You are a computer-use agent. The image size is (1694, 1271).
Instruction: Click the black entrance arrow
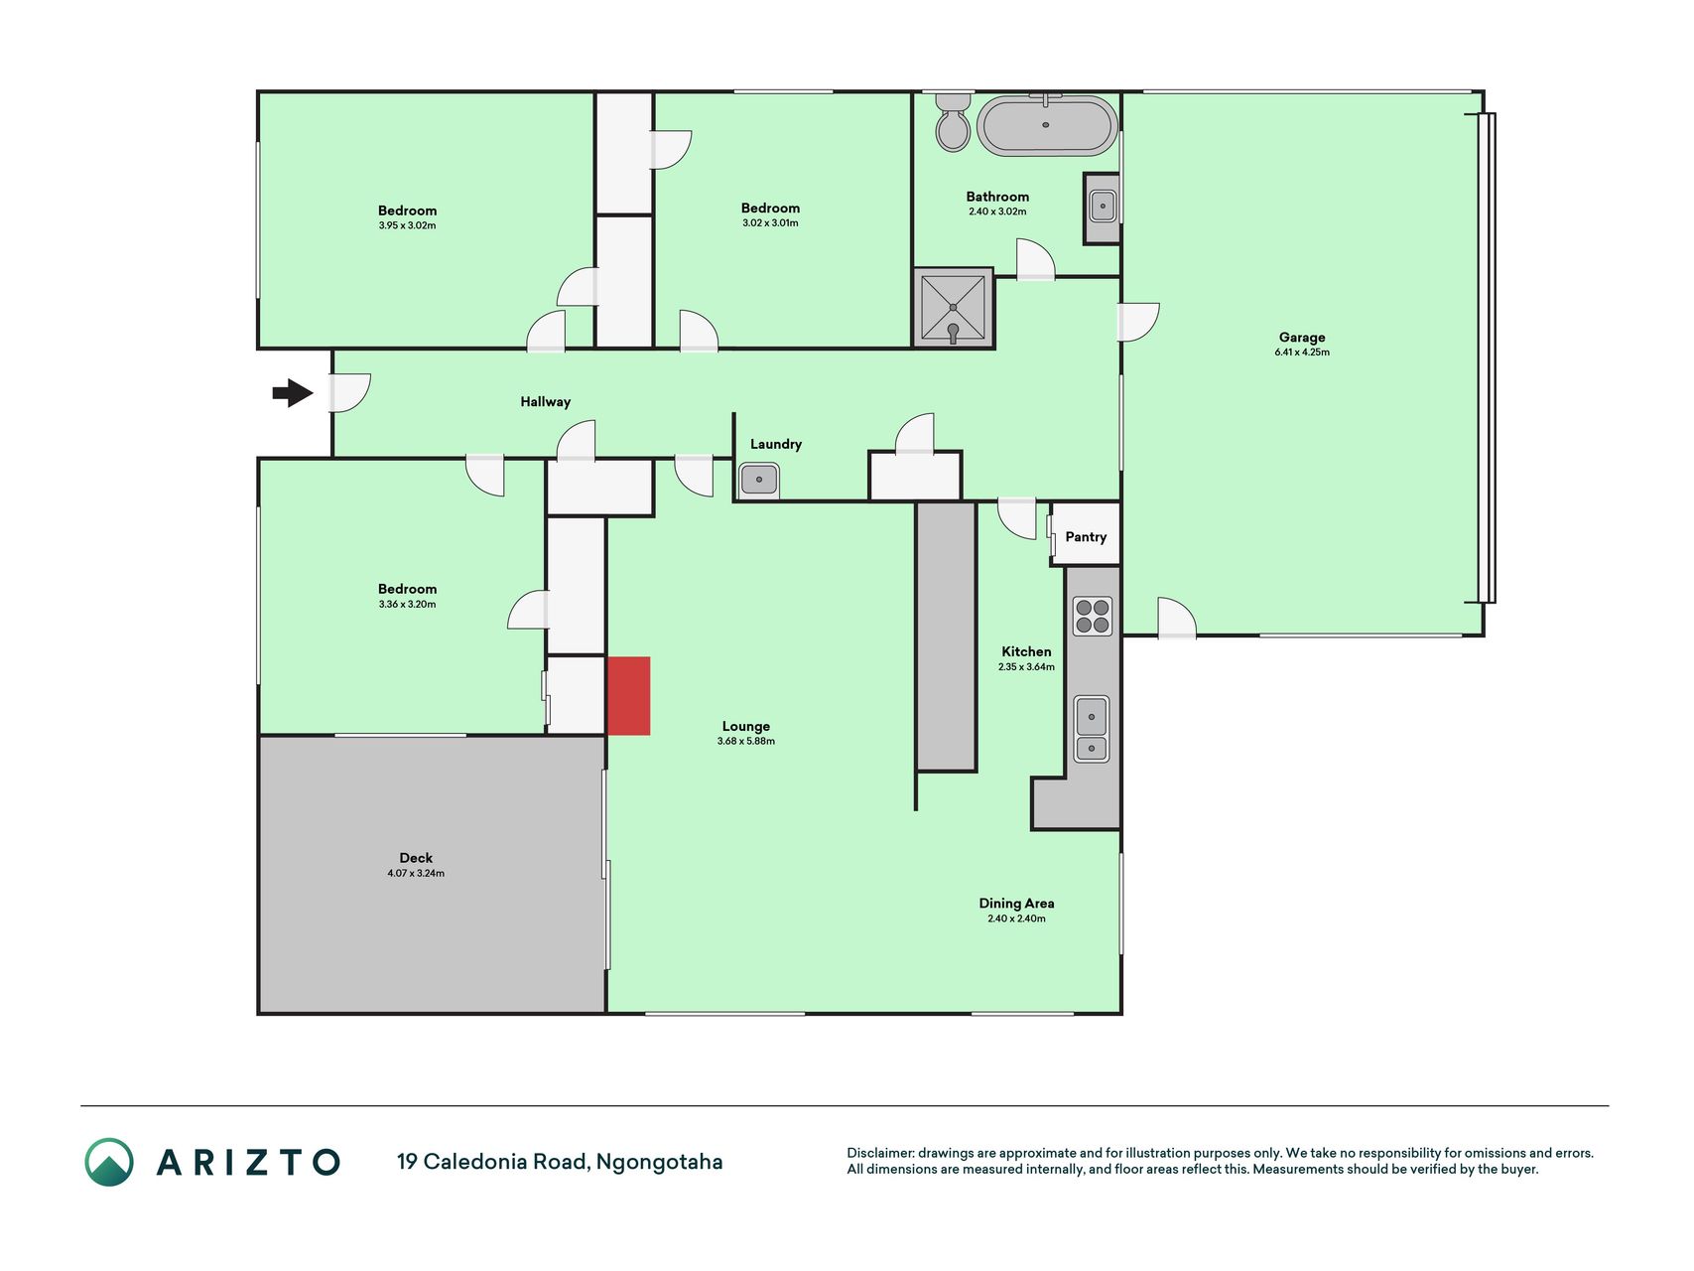293,393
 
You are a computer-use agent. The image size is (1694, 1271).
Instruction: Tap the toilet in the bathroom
953,122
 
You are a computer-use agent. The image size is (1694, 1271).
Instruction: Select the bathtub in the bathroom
1047,126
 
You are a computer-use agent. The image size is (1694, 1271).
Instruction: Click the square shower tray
953,308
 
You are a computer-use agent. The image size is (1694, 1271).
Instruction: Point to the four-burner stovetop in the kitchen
1092,616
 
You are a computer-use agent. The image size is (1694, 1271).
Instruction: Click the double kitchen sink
1092,729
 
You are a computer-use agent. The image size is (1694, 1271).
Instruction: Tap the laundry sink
759,481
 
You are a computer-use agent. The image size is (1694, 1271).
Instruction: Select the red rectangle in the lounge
628,696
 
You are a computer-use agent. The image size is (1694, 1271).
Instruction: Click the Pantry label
1086,536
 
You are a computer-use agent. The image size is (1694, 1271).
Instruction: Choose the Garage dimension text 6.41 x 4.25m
1302,353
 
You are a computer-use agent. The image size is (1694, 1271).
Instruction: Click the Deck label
416,858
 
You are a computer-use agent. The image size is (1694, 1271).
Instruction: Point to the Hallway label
546,402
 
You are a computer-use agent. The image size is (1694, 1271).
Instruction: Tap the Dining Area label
1016,903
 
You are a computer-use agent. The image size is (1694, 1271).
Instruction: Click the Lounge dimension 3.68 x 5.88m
746,741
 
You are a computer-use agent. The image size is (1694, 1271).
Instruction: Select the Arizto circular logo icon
109,1162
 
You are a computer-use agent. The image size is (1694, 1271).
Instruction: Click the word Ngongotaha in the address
659,1162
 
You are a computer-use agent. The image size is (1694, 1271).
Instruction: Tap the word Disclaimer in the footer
880,1153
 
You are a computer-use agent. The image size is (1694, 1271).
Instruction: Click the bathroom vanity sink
1103,207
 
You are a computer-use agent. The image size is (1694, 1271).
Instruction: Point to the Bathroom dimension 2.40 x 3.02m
997,212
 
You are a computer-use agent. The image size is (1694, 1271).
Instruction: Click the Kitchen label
1026,651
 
